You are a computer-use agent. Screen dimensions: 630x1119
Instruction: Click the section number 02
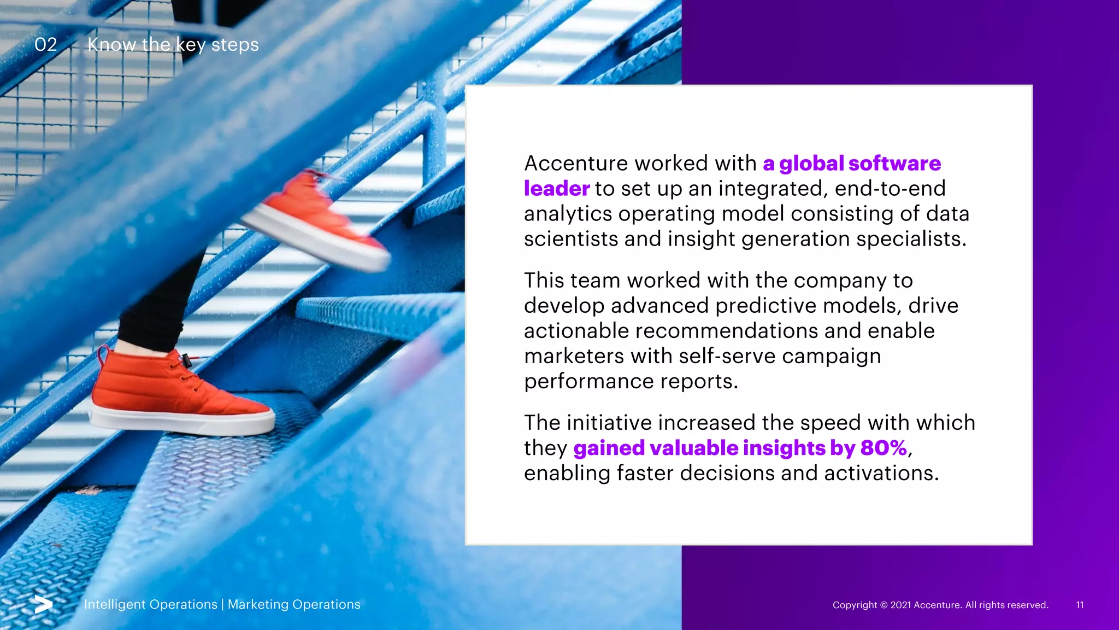coord(45,44)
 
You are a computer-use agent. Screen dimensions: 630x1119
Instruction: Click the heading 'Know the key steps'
coord(173,44)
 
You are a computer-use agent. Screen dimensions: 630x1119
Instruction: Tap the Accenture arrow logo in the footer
coord(43,604)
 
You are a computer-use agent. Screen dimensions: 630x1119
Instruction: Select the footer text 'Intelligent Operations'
coord(150,604)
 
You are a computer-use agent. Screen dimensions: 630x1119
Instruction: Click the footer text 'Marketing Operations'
coord(294,604)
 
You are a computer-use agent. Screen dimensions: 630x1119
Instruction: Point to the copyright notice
coord(940,605)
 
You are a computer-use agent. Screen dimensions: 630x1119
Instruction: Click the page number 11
coord(1080,605)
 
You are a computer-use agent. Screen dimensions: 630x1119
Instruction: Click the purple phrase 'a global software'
coord(851,164)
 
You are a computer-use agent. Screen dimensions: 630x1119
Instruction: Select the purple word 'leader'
coord(556,189)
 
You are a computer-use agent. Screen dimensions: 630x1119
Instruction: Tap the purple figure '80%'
coord(884,448)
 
